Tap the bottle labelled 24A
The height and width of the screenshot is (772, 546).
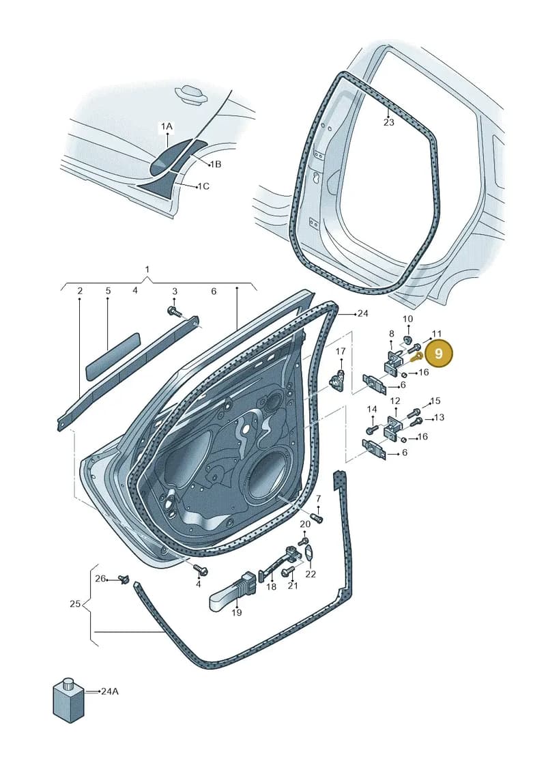[68, 700]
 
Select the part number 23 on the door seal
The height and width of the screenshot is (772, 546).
[388, 121]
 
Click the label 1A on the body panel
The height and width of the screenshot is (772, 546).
[167, 126]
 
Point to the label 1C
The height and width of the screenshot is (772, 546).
[202, 186]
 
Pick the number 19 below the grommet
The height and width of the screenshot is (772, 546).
[237, 612]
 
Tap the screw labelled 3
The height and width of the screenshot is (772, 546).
[174, 311]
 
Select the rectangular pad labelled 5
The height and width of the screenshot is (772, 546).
[113, 356]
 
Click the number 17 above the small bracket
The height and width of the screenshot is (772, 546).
[341, 351]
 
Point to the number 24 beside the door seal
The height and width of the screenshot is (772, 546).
[363, 313]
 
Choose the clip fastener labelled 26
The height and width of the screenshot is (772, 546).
[125, 579]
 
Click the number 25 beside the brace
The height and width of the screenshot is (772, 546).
[75, 603]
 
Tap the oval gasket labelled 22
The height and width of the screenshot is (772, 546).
[308, 552]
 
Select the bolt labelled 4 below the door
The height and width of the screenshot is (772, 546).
[201, 570]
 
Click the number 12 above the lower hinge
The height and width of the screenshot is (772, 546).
[395, 401]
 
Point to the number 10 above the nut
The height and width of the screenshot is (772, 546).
[407, 319]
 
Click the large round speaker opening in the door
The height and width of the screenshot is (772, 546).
[268, 474]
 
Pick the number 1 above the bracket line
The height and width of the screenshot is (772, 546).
[147, 270]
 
